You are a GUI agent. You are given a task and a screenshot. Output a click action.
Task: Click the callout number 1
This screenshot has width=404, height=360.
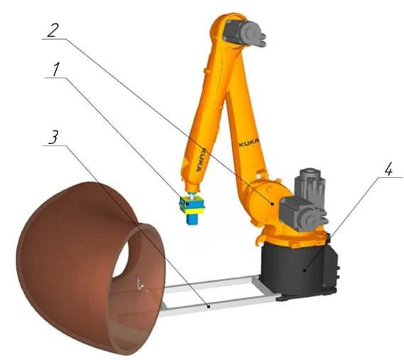(x=56, y=70)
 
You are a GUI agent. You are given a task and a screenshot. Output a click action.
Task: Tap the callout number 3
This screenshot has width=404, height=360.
(x=53, y=137)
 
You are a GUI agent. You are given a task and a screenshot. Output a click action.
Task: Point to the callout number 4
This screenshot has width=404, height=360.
(x=388, y=170)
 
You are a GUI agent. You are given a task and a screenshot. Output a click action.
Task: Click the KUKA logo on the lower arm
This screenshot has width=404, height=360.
(x=249, y=143)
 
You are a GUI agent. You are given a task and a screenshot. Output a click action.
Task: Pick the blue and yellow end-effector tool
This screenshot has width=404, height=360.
(x=192, y=208)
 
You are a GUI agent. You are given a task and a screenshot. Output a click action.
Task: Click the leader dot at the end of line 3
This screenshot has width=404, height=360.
(x=209, y=307)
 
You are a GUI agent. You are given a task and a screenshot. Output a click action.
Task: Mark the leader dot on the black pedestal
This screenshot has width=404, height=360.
(x=305, y=271)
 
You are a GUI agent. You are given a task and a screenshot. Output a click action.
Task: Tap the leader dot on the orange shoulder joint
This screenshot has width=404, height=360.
(x=273, y=204)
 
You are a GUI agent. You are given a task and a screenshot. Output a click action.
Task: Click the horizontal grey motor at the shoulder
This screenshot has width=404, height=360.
(x=302, y=212)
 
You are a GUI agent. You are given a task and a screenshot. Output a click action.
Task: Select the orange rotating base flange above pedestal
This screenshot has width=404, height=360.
(x=291, y=239)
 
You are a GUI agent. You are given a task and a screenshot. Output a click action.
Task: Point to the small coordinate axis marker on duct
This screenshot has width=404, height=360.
(x=140, y=284)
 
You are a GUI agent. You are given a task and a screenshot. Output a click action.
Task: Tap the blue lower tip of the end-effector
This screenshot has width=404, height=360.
(x=192, y=219)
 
